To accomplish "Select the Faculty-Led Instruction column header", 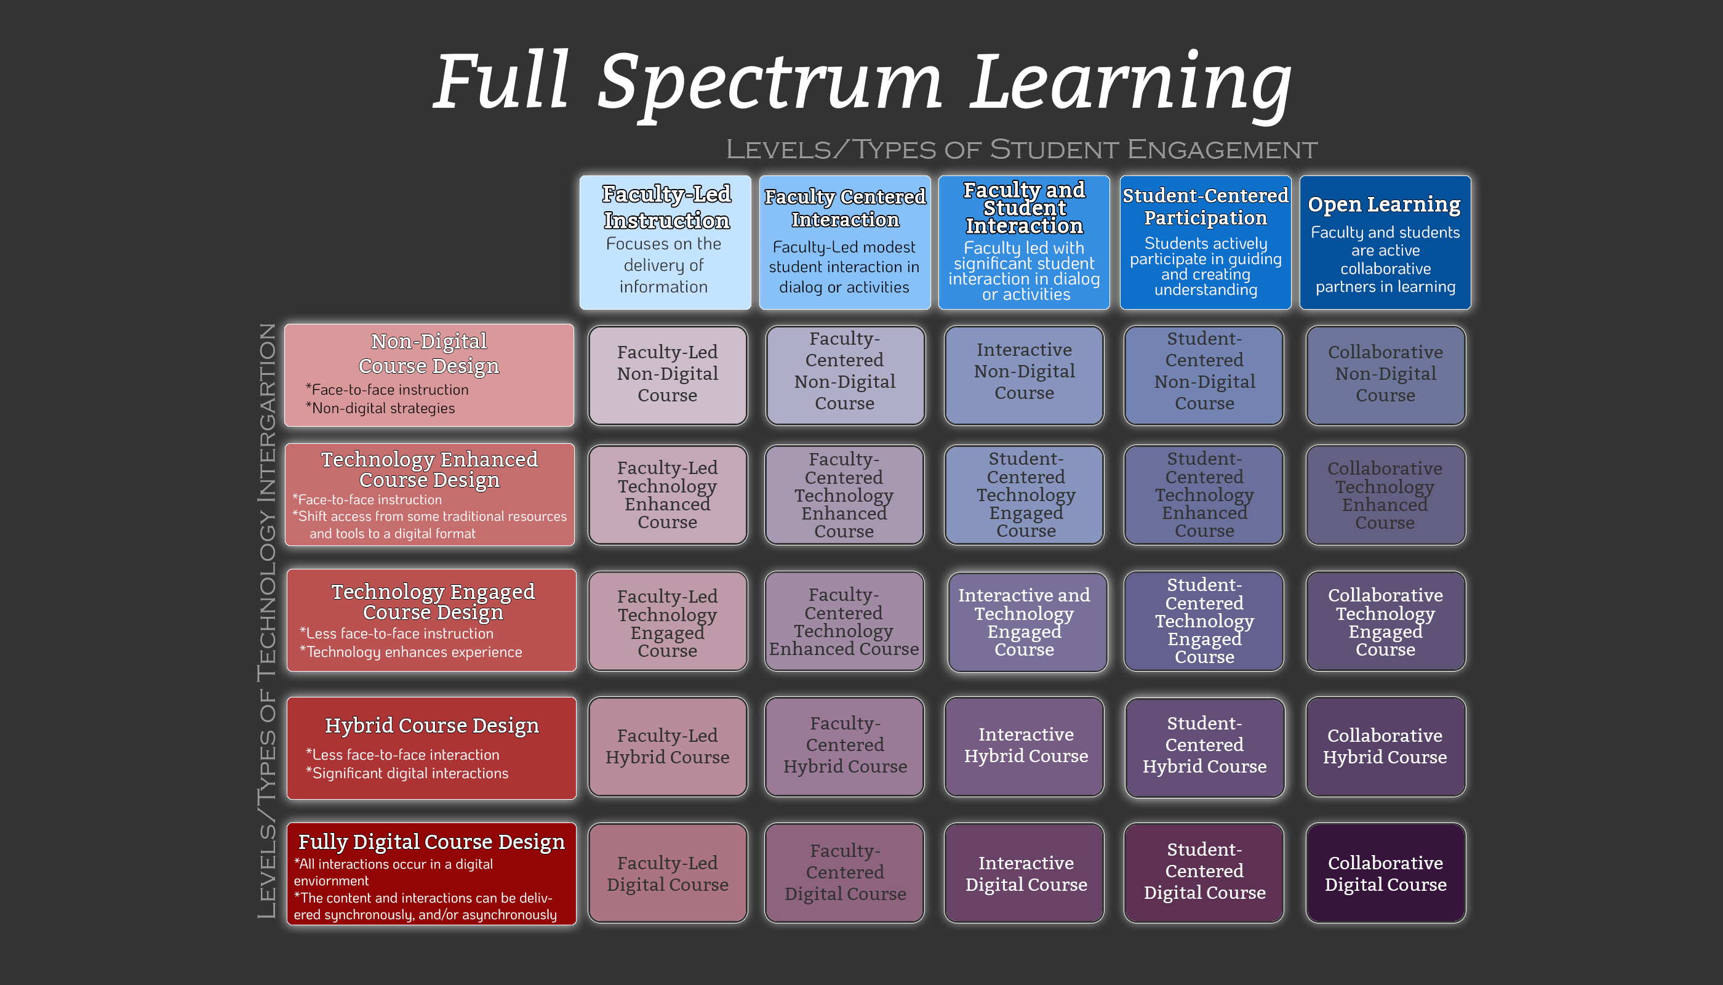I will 665,241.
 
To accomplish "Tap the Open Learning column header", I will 1385,241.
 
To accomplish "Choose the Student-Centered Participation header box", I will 1205,241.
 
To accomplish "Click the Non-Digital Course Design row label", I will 430,375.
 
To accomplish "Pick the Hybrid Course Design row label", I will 431,747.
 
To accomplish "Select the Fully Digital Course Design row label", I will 431,874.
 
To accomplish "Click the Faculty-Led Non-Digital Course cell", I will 668,375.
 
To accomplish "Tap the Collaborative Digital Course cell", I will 1386,873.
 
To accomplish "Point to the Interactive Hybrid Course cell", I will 1025,746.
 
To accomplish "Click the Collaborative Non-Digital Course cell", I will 1386,375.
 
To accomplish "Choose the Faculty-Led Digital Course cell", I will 668,873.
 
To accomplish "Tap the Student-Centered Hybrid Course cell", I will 1204,746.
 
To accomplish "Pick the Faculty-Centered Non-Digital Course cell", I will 845,375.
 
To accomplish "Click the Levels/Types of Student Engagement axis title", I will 1021,150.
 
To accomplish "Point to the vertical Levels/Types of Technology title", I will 267,621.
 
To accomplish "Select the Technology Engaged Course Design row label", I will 431,620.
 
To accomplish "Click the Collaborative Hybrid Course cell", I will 1386,746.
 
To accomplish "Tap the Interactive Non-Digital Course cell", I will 1024,375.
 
